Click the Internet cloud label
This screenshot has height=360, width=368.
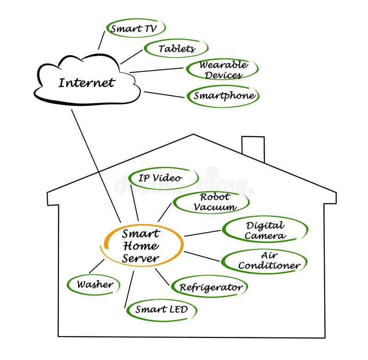coord(86,83)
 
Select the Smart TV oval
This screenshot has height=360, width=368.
coord(133,29)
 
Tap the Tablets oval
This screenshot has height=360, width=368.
coord(177,48)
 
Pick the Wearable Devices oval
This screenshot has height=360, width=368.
coord(223,70)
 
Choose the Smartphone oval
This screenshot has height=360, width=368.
coord(224,96)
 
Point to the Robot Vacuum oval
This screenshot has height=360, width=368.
coord(212,202)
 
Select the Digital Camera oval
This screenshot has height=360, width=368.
coord(265,230)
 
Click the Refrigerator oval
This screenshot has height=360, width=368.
coord(210,288)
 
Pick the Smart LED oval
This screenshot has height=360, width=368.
coord(161,309)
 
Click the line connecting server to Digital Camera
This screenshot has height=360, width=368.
coord(202,233)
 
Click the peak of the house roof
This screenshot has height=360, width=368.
coord(193,135)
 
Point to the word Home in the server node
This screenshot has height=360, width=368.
coord(141,246)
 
